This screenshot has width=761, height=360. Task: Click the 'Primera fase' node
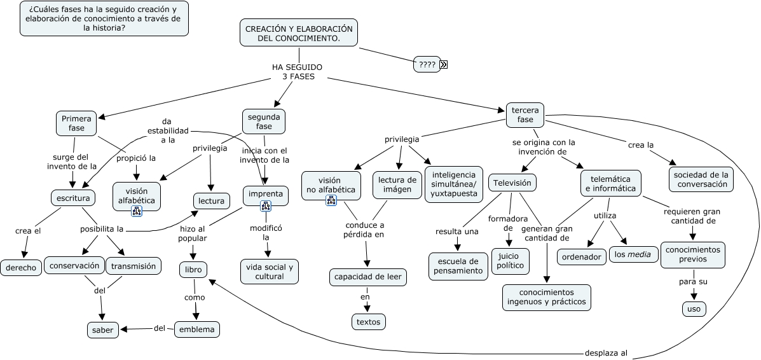click(76, 123)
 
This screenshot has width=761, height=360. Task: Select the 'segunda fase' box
click(264, 121)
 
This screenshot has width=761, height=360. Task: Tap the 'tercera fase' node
click(525, 115)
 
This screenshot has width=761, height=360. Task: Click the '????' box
click(427, 64)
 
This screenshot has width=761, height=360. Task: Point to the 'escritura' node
click(74, 198)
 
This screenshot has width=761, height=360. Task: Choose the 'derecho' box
click(21, 267)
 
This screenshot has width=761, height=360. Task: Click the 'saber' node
click(103, 329)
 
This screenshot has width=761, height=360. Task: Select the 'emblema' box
click(197, 329)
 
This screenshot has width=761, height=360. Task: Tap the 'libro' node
click(193, 270)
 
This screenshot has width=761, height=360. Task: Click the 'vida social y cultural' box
click(270, 272)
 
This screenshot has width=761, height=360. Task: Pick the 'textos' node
click(369, 322)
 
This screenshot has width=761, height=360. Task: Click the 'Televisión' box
click(513, 183)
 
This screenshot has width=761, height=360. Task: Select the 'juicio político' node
click(509, 261)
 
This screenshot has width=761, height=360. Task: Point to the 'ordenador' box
click(582, 256)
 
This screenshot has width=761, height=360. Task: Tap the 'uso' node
click(694, 309)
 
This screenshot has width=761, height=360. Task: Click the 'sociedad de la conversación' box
click(702, 179)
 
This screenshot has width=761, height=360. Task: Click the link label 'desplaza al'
click(606, 353)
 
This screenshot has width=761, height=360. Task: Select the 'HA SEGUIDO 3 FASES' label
click(298, 72)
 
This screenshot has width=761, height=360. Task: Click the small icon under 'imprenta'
click(266, 205)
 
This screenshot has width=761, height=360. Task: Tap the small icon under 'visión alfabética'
click(136, 211)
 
